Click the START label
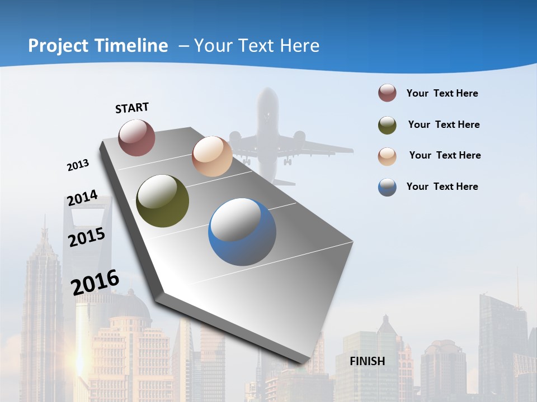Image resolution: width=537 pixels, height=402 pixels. (132, 108)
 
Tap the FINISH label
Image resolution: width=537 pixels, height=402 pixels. (367, 361)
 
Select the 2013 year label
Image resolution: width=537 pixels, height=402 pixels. (78, 165)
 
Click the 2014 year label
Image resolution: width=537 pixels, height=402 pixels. (82, 198)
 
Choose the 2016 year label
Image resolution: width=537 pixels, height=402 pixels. (95, 283)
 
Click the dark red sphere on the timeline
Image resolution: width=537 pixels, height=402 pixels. (136, 137)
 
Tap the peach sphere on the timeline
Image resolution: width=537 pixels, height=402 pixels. (212, 156)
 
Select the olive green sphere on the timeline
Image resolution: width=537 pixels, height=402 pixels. (162, 201)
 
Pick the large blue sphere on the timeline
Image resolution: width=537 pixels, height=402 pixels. (242, 232)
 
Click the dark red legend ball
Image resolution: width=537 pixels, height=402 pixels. (387, 93)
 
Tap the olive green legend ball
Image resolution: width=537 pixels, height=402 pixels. (387, 125)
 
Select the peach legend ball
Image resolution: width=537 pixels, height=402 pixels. (387, 156)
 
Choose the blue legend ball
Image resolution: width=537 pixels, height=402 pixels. (387, 187)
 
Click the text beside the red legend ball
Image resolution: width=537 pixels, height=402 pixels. (442, 93)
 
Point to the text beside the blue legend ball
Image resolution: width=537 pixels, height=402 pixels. (442, 186)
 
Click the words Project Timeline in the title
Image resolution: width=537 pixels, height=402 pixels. (98, 46)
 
